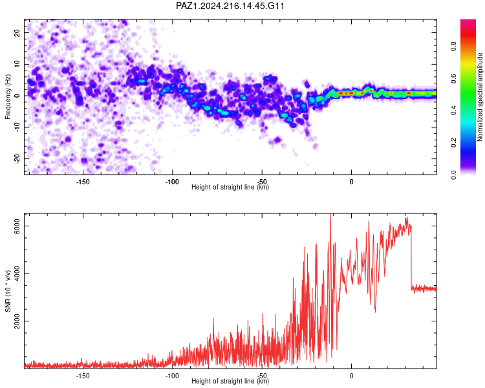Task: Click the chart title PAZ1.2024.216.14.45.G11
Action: [x=230, y=6]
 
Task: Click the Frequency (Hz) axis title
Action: [x=8, y=97]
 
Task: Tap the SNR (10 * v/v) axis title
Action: [x=8, y=291]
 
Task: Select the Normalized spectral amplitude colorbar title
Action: [x=480, y=97]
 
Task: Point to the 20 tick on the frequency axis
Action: [x=17, y=32]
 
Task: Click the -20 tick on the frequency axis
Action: [x=17, y=159]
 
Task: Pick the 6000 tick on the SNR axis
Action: [x=17, y=226]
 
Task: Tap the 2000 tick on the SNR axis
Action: [x=17, y=321]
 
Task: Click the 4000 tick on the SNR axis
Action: [x=17, y=274]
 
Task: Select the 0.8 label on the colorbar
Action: [x=453, y=47]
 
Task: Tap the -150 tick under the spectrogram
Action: [x=82, y=182]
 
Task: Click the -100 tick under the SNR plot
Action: [x=172, y=376]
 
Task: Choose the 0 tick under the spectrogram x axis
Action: [x=351, y=182]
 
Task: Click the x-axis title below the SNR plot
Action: [x=230, y=381]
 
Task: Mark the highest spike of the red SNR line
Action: [x=330, y=215]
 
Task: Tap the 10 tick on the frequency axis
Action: [x=17, y=64]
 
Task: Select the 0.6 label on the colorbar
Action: [x=453, y=79]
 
